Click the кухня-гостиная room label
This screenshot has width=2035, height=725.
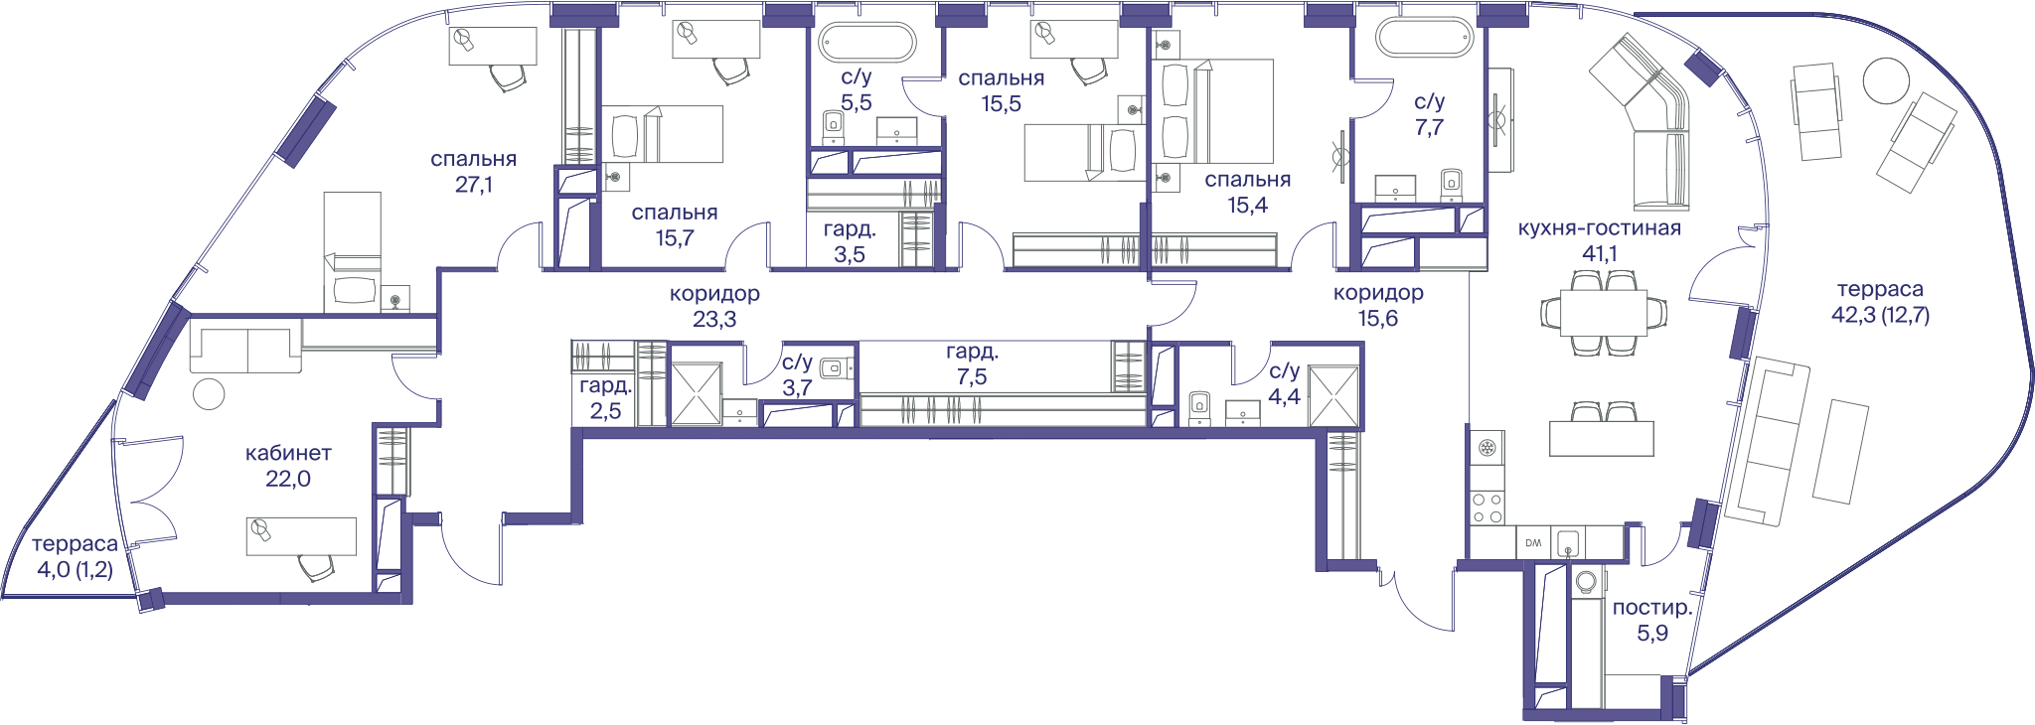pos(1599,228)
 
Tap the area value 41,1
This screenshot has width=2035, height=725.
pos(1599,254)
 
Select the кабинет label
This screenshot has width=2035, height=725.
pos(288,453)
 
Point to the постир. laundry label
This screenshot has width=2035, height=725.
pos(1652,608)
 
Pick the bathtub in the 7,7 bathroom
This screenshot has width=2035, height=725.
pos(1423,38)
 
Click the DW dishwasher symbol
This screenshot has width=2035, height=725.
pos(1533,543)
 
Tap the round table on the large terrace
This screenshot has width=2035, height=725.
pos(1885,80)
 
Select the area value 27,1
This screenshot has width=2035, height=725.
pos(474,185)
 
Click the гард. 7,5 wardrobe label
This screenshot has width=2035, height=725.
pos(972,363)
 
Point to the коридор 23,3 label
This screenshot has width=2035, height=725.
pos(714,306)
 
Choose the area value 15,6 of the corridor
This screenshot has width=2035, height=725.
pos(1378,319)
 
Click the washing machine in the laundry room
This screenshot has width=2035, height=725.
pos(1587,580)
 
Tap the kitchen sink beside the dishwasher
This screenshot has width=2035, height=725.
pos(1567,543)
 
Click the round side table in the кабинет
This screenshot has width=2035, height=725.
pos(209,394)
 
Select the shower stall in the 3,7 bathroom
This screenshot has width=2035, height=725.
pos(697,395)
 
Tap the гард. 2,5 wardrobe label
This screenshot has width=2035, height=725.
pos(605,398)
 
